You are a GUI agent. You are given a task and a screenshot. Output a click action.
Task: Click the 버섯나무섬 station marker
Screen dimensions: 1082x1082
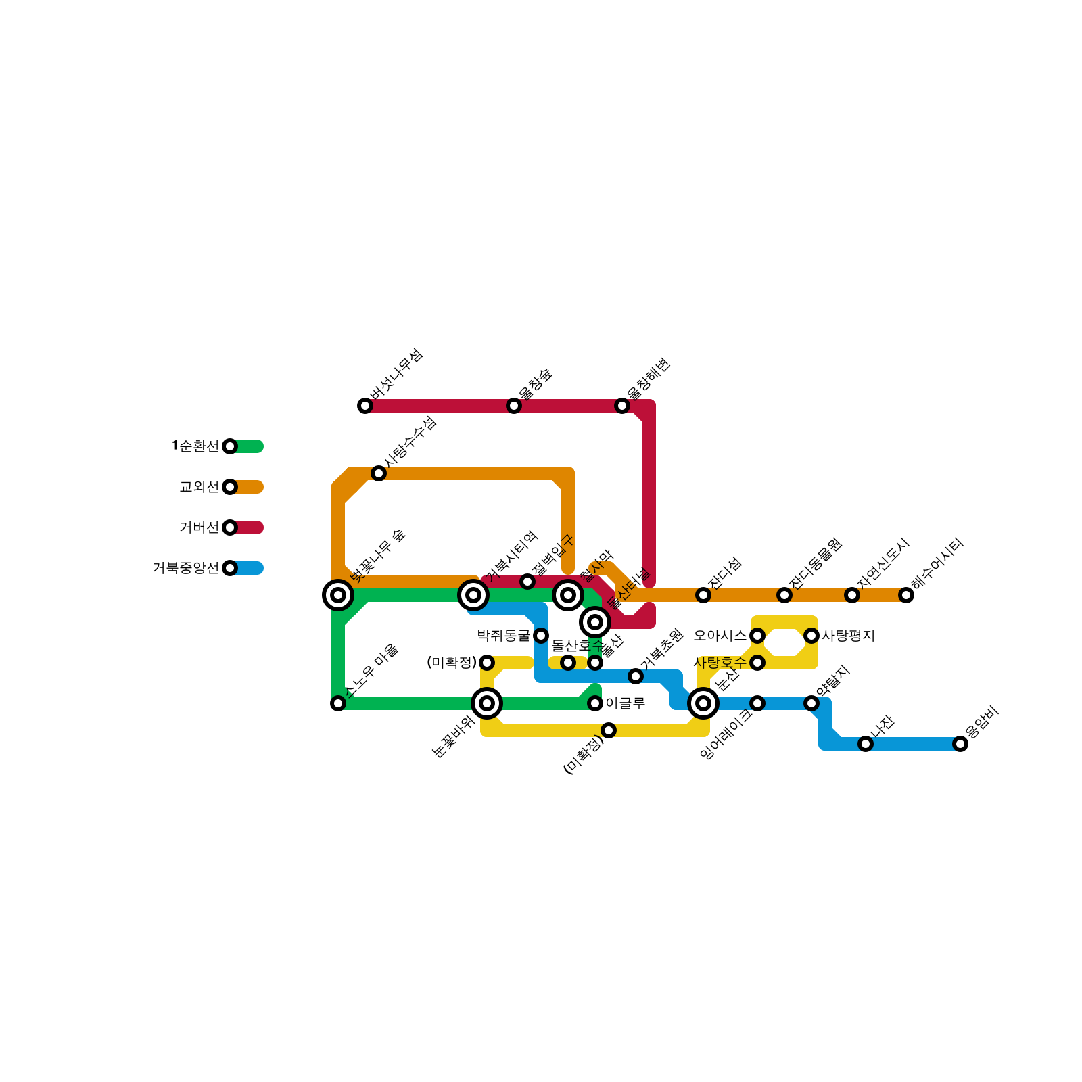(x=365, y=406)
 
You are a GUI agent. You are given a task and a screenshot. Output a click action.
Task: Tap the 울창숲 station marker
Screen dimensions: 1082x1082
(x=514, y=406)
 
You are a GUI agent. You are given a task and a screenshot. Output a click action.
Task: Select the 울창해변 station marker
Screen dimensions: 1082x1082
(x=622, y=406)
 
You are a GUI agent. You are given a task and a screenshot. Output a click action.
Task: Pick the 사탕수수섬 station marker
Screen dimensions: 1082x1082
(x=379, y=473)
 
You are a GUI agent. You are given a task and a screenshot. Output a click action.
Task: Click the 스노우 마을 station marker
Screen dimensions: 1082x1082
(x=338, y=703)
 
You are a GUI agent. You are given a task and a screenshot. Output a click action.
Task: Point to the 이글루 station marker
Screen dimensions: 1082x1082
(x=595, y=703)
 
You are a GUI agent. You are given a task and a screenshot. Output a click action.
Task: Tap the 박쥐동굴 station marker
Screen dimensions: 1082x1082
(x=541, y=636)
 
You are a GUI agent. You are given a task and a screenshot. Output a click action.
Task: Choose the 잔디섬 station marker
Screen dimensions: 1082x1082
(x=703, y=595)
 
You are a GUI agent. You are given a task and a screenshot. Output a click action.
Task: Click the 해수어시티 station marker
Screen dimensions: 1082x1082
(x=906, y=595)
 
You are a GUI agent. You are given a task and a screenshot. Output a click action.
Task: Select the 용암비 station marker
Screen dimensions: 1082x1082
(x=960, y=744)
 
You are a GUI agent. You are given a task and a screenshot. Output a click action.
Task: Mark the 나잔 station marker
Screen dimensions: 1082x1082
(x=866, y=744)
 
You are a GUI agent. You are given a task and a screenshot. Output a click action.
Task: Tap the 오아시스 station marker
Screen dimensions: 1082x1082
(x=757, y=636)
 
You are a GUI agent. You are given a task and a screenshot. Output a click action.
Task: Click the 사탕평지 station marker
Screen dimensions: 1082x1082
(x=811, y=636)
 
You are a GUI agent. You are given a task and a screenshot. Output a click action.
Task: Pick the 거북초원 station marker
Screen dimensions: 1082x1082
(x=636, y=676)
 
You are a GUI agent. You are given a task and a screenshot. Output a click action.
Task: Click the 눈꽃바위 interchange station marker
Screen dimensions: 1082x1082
(x=487, y=703)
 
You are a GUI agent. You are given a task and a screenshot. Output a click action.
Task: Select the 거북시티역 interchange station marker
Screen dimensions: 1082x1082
(x=473, y=595)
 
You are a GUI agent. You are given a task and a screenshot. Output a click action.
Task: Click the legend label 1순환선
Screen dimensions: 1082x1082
(x=195, y=446)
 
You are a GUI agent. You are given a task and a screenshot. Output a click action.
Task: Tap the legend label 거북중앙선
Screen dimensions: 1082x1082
(x=186, y=568)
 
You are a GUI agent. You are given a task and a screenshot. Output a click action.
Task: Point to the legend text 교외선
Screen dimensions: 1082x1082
(x=199, y=487)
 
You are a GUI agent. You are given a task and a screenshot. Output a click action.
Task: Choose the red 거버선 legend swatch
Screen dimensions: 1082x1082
(x=249, y=527)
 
